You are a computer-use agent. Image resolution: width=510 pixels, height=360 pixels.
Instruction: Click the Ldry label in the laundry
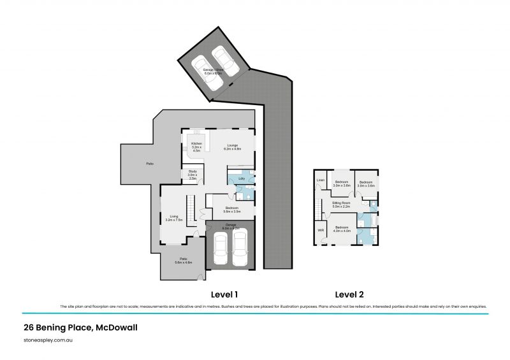pos(242,179)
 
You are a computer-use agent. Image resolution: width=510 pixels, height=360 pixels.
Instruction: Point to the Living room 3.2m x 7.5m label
pos(173,217)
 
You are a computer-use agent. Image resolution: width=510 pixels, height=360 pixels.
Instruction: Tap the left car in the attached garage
pos(220,248)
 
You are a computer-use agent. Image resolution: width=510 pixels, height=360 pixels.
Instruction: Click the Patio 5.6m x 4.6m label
pos(183,260)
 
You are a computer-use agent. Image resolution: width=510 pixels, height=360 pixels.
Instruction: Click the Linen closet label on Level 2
pos(321,180)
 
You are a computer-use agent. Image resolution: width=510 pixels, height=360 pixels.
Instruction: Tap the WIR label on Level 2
pos(321,229)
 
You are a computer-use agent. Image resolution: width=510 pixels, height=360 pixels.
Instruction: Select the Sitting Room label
pos(342,204)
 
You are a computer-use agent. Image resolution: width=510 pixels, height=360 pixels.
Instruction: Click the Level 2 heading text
pos(349,294)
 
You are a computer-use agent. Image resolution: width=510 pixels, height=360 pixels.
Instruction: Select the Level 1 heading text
pos(224,294)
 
